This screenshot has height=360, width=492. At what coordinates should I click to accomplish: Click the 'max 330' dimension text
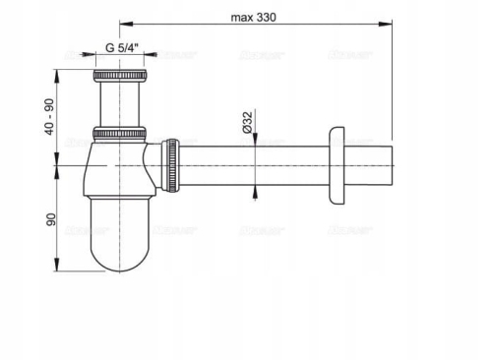click(254, 16)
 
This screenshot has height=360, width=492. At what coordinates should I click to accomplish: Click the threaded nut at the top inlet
click(118, 75)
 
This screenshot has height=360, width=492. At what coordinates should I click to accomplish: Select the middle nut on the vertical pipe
click(118, 133)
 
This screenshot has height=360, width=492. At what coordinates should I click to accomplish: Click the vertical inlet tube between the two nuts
click(118, 103)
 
